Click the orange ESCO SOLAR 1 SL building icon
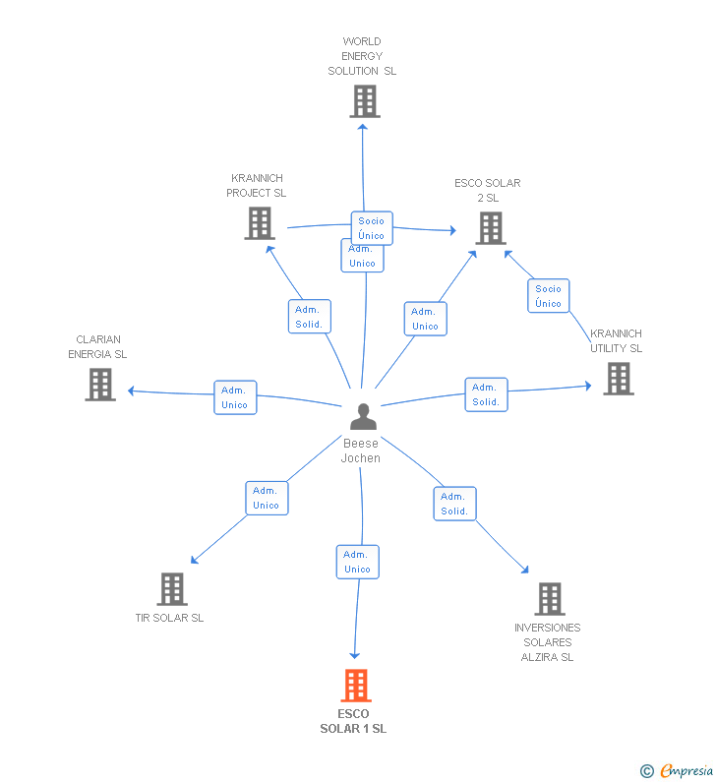[x=355, y=686]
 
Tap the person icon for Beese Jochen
[x=363, y=417]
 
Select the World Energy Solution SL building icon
[x=364, y=100]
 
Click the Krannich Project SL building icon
[x=259, y=223]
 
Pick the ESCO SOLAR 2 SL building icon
[x=490, y=228]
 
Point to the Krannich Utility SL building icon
[x=618, y=379]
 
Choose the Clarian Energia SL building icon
[x=99, y=385]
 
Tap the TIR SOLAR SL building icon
[x=171, y=589]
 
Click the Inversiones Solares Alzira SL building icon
[x=549, y=599]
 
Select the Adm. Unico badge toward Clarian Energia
[x=235, y=397]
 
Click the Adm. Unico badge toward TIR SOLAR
[x=267, y=498]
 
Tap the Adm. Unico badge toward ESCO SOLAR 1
[x=357, y=562]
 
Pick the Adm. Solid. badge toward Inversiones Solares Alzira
[x=454, y=504]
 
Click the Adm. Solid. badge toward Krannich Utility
[x=486, y=394]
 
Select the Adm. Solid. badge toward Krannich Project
[x=309, y=317]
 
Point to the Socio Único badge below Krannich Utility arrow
[x=548, y=296]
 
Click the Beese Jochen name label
[x=361, y=451]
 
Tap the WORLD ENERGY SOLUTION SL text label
[x=362, y=56]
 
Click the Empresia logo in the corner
[x=677, y=771]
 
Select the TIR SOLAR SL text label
[x=169, y=618]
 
